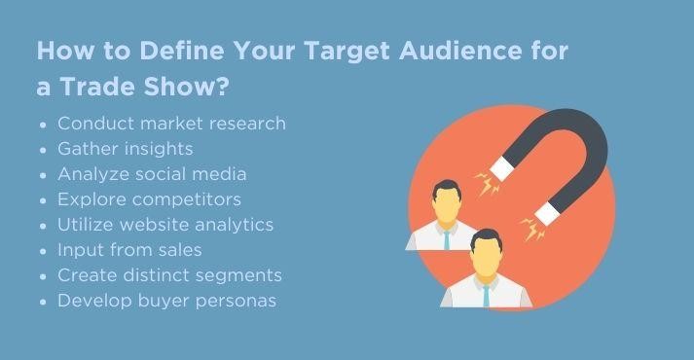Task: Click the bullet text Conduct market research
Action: (171, 124)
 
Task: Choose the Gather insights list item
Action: (126, 149)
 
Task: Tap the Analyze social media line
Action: (152, 174)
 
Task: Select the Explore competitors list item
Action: (149, 199)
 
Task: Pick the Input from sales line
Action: (129, 250)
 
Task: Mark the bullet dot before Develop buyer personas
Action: (44, 302)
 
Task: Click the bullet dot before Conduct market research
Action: (44, 125)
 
